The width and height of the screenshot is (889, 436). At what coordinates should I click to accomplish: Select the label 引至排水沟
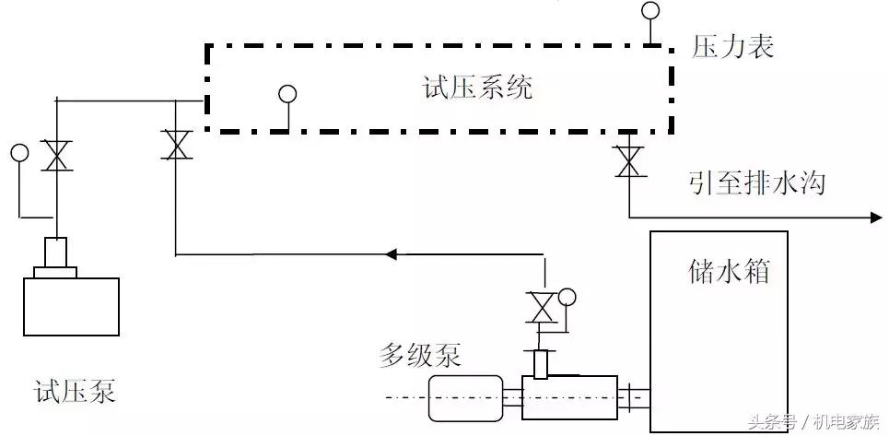click(755, 183)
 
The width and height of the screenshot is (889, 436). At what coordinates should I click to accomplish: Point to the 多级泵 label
click(419, 354)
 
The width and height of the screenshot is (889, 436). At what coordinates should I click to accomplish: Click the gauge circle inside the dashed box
click(287, 93)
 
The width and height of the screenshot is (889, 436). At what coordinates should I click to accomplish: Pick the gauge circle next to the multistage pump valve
click(567, 297)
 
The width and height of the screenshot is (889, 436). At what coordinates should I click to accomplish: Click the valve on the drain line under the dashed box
click(629, 162)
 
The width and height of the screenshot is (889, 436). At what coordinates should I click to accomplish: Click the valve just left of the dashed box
click(175, 145)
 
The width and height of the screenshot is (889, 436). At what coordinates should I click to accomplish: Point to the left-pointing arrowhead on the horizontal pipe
click(392, 253)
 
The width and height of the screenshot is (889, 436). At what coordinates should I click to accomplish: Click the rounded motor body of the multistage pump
click(464, 397)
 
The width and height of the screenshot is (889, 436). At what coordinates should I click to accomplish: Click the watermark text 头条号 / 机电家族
click(812, 423)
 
